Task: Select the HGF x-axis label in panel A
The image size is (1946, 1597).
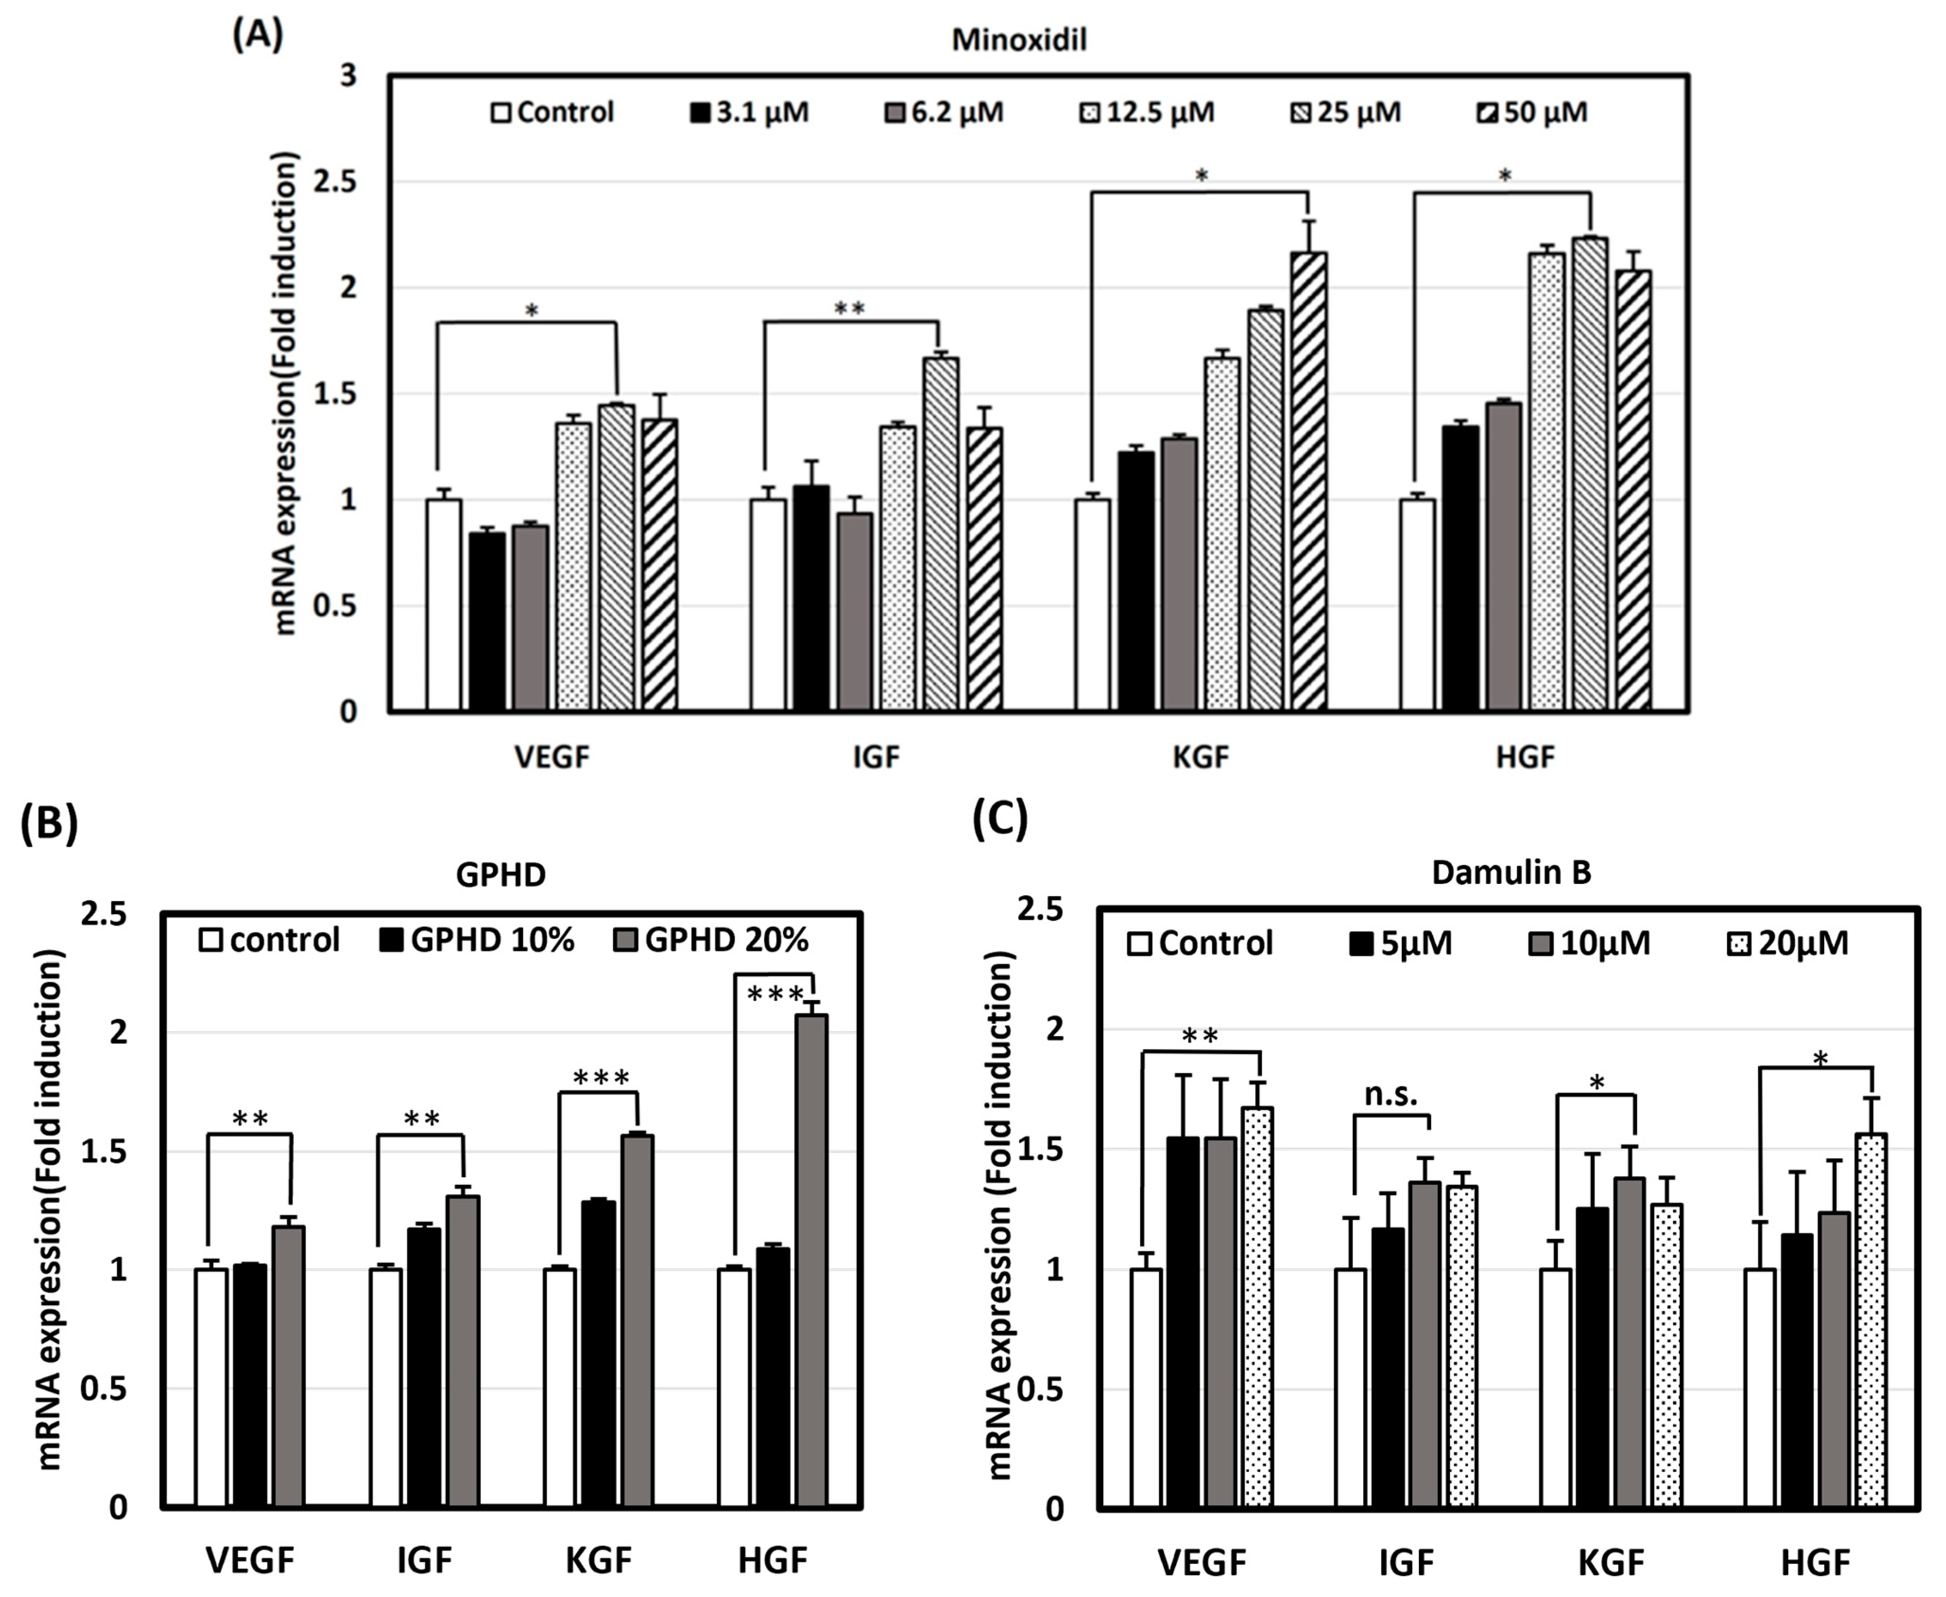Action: pos(1525,757)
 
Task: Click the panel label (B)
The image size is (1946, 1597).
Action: pos(49,822)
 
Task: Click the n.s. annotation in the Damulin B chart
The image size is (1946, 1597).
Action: pos(1390,1095)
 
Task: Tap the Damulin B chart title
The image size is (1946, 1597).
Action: pos(1511,872)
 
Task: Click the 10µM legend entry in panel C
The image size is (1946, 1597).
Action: pos(1589,943)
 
